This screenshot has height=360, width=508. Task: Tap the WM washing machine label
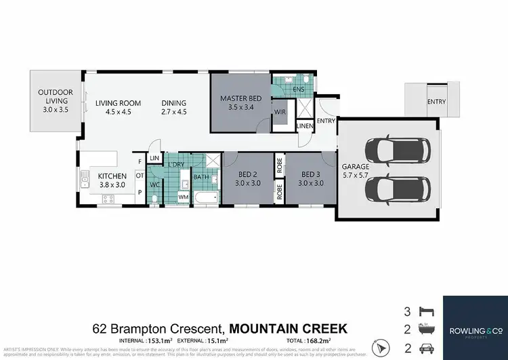tap(183, 197)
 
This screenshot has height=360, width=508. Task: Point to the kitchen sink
tap(85, 179)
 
